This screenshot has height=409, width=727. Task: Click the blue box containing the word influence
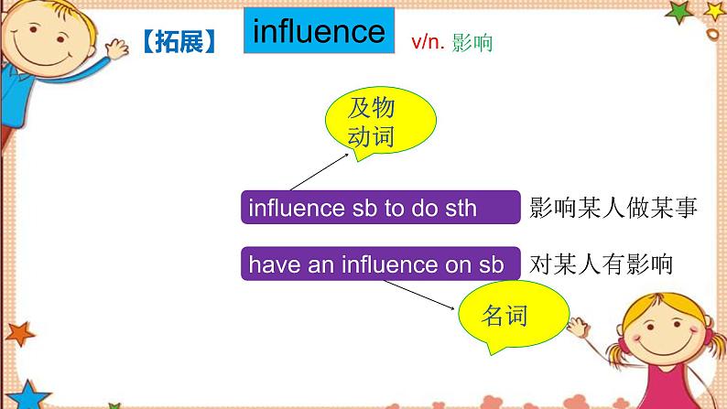tap(319, 30)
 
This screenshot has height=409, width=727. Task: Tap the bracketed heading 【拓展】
tap(179, 42)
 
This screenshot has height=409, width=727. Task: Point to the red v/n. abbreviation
tap(428, 42)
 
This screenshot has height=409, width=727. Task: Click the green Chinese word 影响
tap(472, 43)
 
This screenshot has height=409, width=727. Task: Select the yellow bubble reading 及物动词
tap(380, 122)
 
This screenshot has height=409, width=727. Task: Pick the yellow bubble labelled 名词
tap(514, 316)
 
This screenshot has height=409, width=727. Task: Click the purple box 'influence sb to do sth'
tap(381, 207)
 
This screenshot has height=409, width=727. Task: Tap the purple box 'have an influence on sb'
tap(381, 264)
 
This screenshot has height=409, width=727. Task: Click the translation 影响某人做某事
tap(613, 207)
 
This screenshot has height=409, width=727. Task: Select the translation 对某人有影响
tap(601, 264)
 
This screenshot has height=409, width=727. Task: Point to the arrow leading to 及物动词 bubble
tap(320, 172)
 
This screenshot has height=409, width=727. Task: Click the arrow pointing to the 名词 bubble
tap(418, 295)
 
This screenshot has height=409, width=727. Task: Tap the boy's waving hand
tap(117, 48)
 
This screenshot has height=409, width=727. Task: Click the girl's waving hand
tap(578, 327)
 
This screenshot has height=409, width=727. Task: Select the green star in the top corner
tap(678, 12)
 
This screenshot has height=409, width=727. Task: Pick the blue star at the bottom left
tap(27, 396)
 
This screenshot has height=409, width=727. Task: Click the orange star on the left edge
tap(19, 333)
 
